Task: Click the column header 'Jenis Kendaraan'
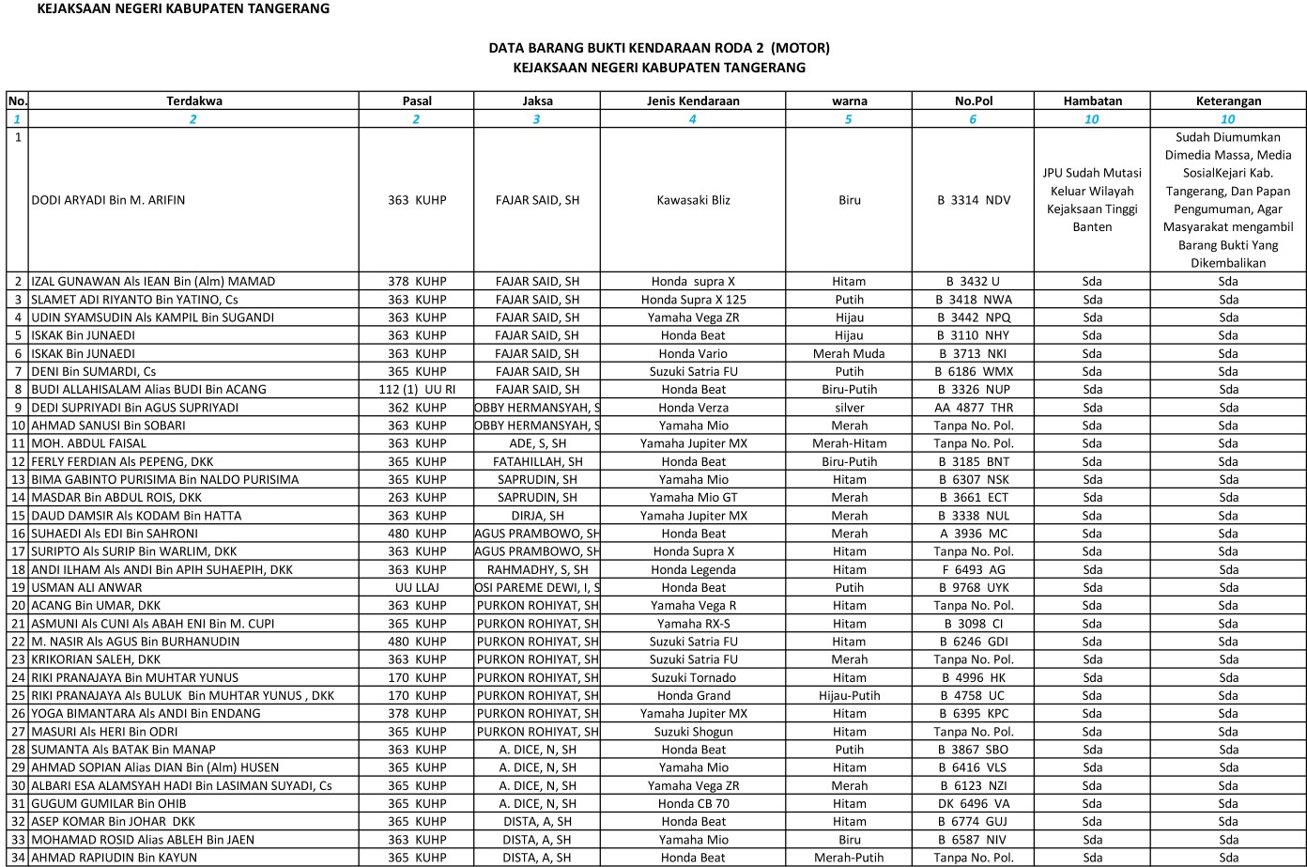692,101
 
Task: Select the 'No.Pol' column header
973,101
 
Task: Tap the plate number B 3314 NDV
973,200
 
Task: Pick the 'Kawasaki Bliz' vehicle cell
693,200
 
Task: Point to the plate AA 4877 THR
973,408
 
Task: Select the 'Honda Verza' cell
693,408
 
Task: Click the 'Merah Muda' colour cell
849,353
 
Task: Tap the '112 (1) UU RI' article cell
417,389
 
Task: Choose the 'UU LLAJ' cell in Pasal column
417,587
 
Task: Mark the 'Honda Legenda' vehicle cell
693,569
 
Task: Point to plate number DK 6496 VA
973,803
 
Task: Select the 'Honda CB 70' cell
693,803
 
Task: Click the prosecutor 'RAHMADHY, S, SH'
537,569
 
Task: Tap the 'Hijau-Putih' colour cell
849,695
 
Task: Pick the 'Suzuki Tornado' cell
693,677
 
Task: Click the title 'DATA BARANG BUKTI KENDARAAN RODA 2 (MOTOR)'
658,47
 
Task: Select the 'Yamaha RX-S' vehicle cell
693,624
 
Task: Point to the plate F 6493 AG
973,569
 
